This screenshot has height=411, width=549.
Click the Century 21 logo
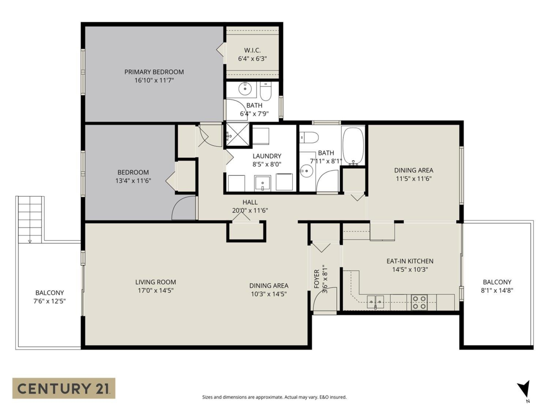pos(64,388)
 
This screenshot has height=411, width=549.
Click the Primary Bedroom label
pos(154,72)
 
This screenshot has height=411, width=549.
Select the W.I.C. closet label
pos(252,50)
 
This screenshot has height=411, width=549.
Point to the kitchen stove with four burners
pos(420,302)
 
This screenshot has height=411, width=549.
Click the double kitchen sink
pos(375,301)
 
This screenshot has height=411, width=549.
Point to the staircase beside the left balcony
pos(30,219)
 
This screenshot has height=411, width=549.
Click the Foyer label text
pos(317,278)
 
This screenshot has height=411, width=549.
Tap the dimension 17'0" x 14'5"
pos(156,290)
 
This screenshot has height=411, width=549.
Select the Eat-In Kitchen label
pos(410,261)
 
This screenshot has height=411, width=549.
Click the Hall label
pos(250,202)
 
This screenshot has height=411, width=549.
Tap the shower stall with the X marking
pos(237,135)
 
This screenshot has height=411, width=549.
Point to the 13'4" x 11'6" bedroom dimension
pos(133,180)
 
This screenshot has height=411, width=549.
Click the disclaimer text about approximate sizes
pos(274,397)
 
